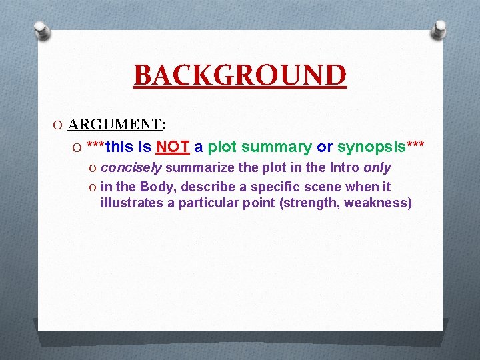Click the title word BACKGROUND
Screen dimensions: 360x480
click(240, 75)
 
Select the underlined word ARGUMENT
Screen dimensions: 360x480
click(115, 124)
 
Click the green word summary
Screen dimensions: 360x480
click(277, 147)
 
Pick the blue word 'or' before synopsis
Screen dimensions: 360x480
click(325, 147)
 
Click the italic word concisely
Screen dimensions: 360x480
click(131, 167)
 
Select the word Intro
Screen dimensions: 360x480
click(341, 167)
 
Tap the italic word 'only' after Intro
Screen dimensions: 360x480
click(377, 167)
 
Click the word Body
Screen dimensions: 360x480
click(157, 187)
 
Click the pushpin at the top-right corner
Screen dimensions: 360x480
click(439, 29)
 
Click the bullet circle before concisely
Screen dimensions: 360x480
click(93, 168)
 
